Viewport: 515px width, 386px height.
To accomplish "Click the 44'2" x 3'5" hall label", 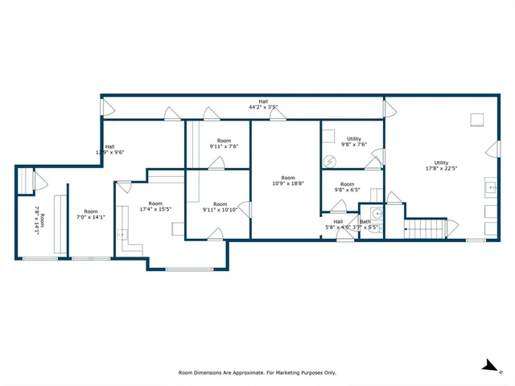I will [x=263, y=104].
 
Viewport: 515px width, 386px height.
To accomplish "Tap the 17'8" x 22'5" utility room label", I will [x=442, y=166].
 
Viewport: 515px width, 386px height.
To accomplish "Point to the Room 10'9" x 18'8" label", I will [x=288, y=181].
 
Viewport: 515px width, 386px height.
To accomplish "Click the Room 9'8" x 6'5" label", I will [x=347, y=187].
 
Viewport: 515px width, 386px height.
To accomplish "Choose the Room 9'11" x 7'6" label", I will [x=224, y=143].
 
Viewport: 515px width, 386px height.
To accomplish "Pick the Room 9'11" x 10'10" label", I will [x=220, y=207].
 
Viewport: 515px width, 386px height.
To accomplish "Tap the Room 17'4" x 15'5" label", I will [x=155, y=207].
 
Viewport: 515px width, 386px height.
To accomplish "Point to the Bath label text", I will [x=365, y=224].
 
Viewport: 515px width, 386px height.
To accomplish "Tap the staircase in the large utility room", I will [x=426, y=229].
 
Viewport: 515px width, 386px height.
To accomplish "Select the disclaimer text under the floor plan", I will [x=257, y=372].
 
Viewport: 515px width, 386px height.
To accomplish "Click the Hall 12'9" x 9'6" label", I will [x=110, y=149].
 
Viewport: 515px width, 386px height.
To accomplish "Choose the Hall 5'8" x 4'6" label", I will [x=338, y=224].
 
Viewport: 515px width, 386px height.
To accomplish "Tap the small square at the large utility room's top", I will [x=477, y=121].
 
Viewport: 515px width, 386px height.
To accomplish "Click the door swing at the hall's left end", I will [x=105, y=106].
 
